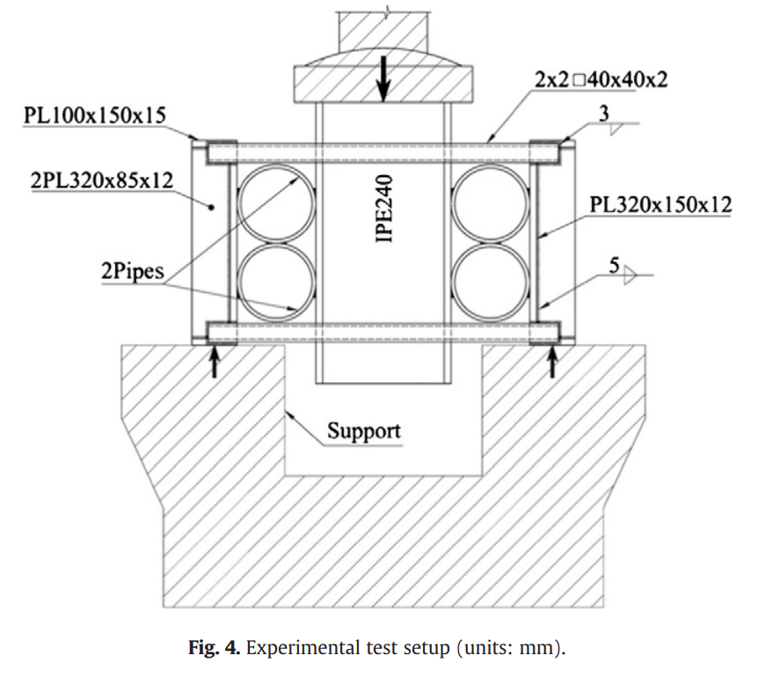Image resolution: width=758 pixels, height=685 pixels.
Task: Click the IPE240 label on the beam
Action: [x=384, y=209]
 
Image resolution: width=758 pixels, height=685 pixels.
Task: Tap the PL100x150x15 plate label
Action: [x=95, y=115]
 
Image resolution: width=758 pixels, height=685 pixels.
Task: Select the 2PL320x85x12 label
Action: [x=102, y=180]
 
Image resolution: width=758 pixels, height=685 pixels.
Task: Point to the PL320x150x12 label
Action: [x=660, y=205]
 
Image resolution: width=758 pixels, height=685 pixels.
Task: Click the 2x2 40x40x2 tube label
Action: [x=601, y=79]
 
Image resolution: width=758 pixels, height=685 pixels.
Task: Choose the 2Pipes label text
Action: [x=133, y=271]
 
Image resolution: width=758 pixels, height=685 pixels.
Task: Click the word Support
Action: [x=364, y=431]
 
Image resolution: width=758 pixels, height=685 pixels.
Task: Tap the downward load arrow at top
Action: [x=383, y=79]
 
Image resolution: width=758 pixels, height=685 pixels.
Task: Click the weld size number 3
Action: [x=604, y=114]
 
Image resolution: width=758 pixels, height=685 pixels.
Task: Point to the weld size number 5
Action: [x=614, y=266]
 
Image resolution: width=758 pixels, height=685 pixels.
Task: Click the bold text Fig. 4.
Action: [x=214, y=647]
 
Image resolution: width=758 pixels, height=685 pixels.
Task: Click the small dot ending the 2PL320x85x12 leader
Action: [x=211, y=207]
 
